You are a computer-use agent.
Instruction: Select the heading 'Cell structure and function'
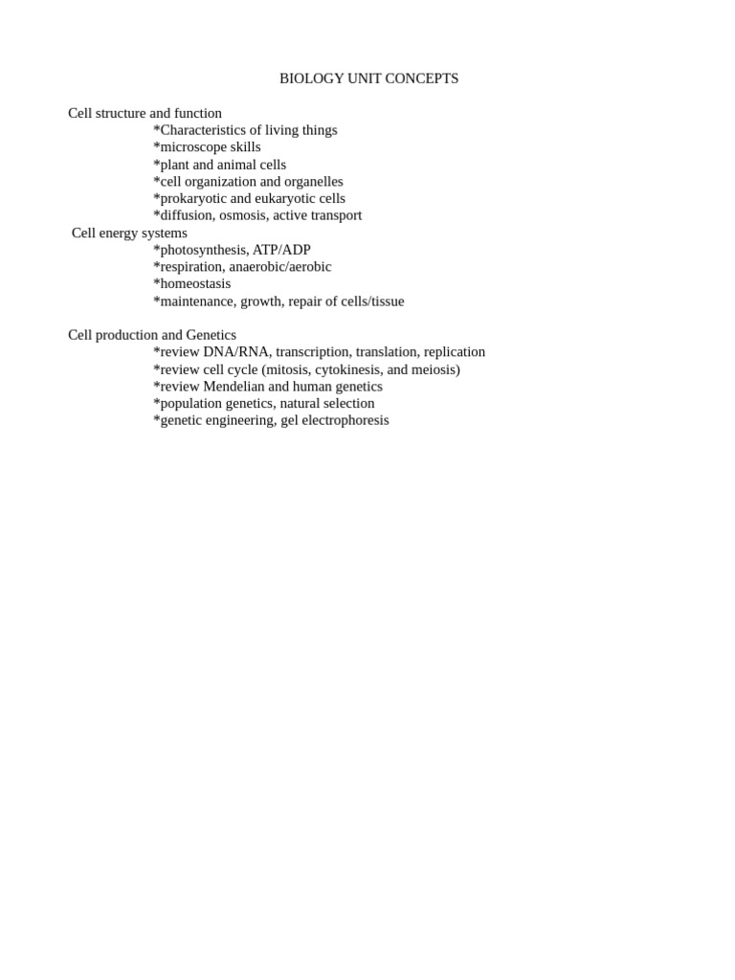tap(145, 113)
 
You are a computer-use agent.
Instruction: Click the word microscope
tap(193, 147)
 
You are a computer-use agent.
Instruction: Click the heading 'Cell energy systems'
tap(129, 233)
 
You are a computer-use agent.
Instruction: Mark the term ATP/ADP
tap(281, 250)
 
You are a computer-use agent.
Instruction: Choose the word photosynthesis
tap(202, 250)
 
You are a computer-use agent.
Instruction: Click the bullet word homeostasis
tap(194, 284)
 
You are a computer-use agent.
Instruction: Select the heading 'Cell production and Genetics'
tap(152, 335)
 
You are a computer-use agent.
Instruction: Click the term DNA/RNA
tap(235, 352)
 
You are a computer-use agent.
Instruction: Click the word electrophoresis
tap(344, 420)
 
